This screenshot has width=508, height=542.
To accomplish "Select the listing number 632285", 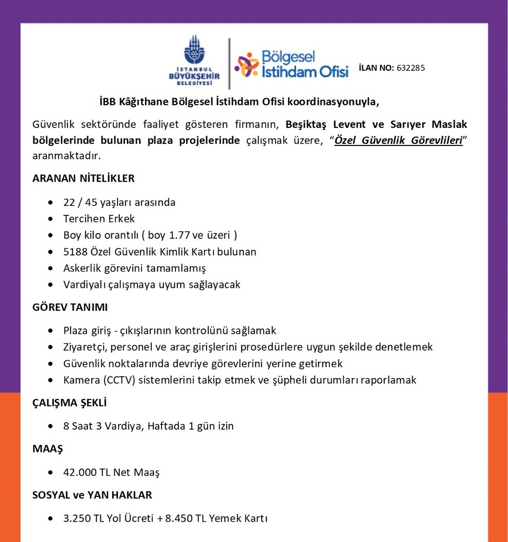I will point(410,68).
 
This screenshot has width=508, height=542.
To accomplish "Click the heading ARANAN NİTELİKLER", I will point(83,178).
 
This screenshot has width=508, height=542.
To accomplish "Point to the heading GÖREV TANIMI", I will point(70,307).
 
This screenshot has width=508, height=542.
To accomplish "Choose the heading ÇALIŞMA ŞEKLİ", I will point(69,403).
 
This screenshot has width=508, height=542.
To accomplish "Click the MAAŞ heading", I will point(47,449).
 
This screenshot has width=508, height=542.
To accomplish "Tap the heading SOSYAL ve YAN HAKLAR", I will point(92,495).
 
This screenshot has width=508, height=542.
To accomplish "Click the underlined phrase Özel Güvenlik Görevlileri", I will point(398,141).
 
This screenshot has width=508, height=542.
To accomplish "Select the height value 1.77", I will point(180,235).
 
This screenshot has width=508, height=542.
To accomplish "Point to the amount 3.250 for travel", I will point(77,519).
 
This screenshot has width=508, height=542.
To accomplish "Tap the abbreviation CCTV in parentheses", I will point(120,380).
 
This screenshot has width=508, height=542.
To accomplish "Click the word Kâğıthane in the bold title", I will point(144,102).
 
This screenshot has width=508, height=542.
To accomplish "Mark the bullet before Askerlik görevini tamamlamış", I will point(50,269).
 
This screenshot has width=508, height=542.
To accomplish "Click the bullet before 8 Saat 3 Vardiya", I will point(50,426).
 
